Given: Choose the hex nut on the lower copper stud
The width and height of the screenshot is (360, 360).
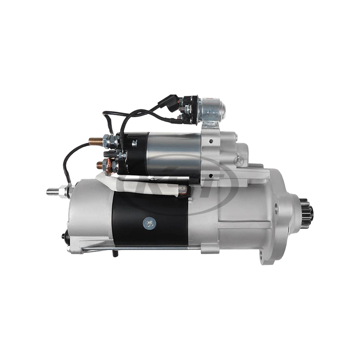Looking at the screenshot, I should (x=108, y=162).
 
